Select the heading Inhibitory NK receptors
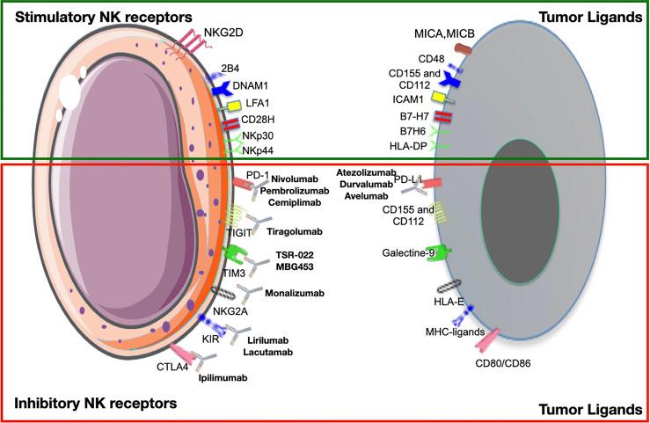tap(95, 404)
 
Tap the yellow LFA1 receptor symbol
tap(233, 106)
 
